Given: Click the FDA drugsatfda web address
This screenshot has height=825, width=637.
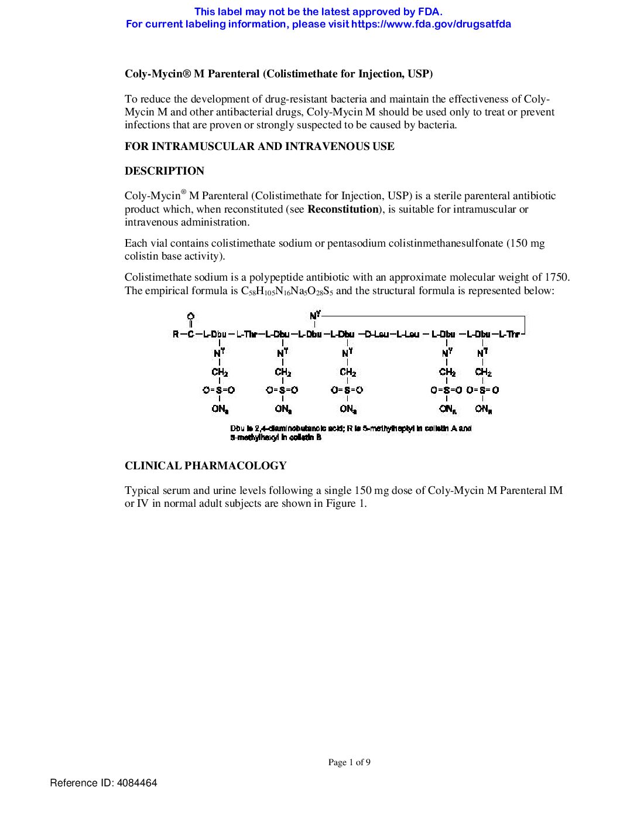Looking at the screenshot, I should (431, 24).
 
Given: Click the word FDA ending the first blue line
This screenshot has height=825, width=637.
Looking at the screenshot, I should (430, 11).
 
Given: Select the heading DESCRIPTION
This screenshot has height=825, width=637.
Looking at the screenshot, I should (165, 171).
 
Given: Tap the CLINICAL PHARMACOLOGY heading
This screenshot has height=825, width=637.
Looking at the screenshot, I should (206, 466).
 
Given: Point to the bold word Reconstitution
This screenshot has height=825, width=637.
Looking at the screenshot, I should (343, 209).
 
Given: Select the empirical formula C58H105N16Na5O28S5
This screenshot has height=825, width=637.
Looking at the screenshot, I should (287, 291).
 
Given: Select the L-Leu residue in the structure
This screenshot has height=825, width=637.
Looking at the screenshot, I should (408, 334).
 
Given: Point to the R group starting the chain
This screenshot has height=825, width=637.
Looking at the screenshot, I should (176, 334).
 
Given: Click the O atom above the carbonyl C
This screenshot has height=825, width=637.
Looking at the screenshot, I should (190, 317).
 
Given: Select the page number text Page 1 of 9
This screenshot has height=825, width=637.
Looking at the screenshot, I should (349, 762).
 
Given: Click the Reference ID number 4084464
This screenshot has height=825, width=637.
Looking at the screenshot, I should (137, 783).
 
